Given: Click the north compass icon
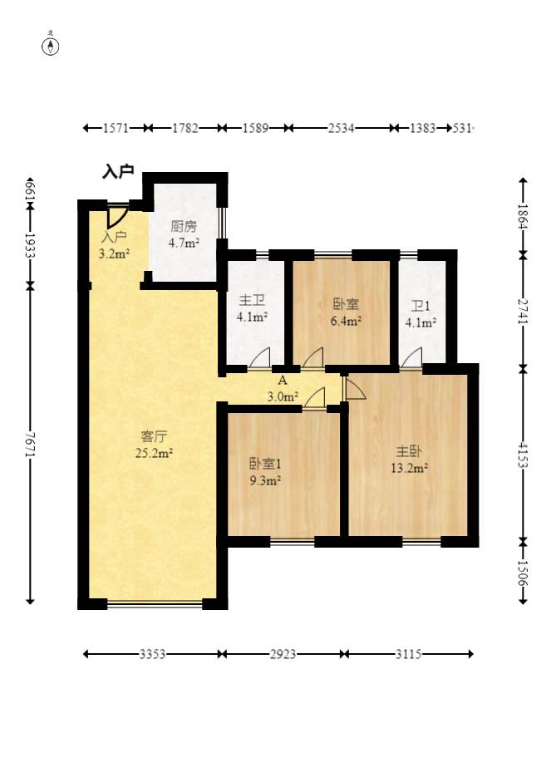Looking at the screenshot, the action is [51, 46].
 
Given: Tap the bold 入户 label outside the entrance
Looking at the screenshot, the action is [118, 171].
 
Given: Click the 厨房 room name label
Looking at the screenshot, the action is [184, 226].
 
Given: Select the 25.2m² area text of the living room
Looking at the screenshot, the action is [154, 454].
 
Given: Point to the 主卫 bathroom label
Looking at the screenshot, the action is [252, 300].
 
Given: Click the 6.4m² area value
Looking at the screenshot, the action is [346, 321].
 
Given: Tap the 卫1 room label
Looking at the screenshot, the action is [421, 306].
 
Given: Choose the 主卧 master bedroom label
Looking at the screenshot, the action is [409, 451].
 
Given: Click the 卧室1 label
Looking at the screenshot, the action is [265, 464].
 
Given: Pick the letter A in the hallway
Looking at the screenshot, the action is [283, 381].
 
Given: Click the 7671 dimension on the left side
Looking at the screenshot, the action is [30, 444].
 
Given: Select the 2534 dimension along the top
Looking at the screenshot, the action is [341, 128].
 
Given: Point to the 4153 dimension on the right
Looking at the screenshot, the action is [523, 455].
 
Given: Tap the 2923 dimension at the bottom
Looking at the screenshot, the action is [283, 654].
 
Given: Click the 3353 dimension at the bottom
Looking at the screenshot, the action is [152, 654].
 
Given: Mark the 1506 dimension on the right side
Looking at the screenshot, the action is [523, 573].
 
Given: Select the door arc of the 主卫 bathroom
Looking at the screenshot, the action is [260, 357].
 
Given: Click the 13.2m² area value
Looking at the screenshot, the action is [410, 469].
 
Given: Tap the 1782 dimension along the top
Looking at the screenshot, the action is [185, 128].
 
